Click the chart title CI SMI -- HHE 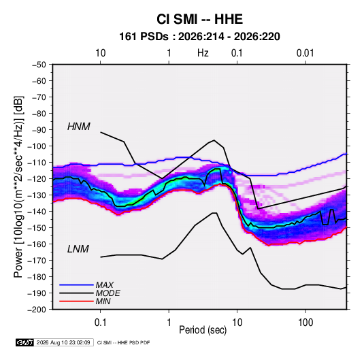tap(199, 19)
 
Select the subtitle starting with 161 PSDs tap(199, 37)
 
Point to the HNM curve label tap(79, 127)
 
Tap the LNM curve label tap(78, 249)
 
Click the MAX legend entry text tap(105, 285)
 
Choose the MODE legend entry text tap(108, 293)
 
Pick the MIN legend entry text tap(103, 301)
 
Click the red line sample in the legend tap(76, 301)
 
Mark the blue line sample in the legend tap(76, 284)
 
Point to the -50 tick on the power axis tap(39, 65)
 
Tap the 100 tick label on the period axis tap(305, 323)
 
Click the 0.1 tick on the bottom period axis tap(100, 323)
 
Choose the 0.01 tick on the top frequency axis tap(305, 53)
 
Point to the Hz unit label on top tap(203, 53)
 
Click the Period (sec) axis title tap(203, 330)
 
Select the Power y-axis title tap(18, 186)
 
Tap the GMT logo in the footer tap(24, 342)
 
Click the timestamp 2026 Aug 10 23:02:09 tap(63, 342)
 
